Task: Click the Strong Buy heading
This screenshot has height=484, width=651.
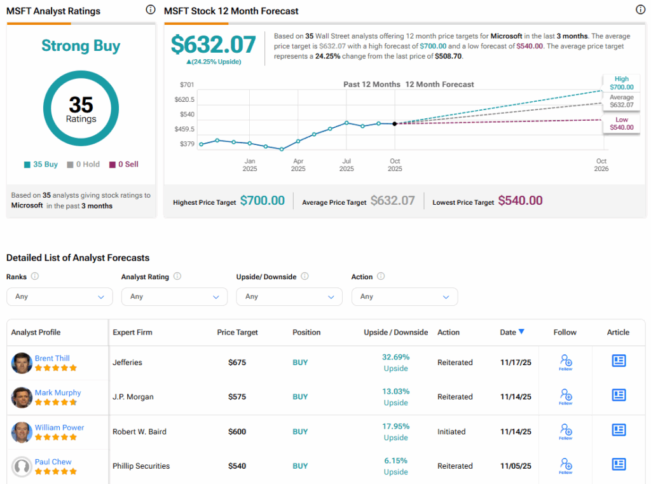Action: pyautogui.click(x=81, y=46)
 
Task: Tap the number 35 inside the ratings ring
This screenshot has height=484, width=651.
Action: pyautogui.click(x=81, y=104)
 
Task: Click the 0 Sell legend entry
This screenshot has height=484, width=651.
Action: pyautogui.click(x=123, y=164)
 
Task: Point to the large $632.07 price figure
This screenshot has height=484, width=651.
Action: pyautogui.click(x=214, y=45)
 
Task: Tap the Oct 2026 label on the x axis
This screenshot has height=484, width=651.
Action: pyautogui.click(x=601, y=165)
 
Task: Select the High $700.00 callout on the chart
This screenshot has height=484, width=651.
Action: pyautogui.click(x=621, y=83)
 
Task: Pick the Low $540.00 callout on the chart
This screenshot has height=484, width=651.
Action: pyautogui.click(x=621, y=123)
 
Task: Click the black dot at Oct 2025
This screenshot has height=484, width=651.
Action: pyautogui.click(x=395, y=123)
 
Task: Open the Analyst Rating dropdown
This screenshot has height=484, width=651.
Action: pyautogui.click(x=174, y=296)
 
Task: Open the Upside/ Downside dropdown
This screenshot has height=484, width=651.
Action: pyautogui.click(x=289, y=296)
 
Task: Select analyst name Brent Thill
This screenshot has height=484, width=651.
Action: pyautogui.click(x=52, y=358)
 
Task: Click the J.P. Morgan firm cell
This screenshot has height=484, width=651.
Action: pyautogui.click(x=133, y=397)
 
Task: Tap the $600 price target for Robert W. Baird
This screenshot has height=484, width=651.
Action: pyautogui.click(x=237, y=432)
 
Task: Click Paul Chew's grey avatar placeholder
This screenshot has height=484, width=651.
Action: pyautogui.click(x=22, y=467)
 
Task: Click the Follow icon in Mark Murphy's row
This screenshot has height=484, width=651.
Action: pyautogui.click(x=565, y=396)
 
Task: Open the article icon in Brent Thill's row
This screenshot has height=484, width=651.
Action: pyautogui.click(x=619, y=361)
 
